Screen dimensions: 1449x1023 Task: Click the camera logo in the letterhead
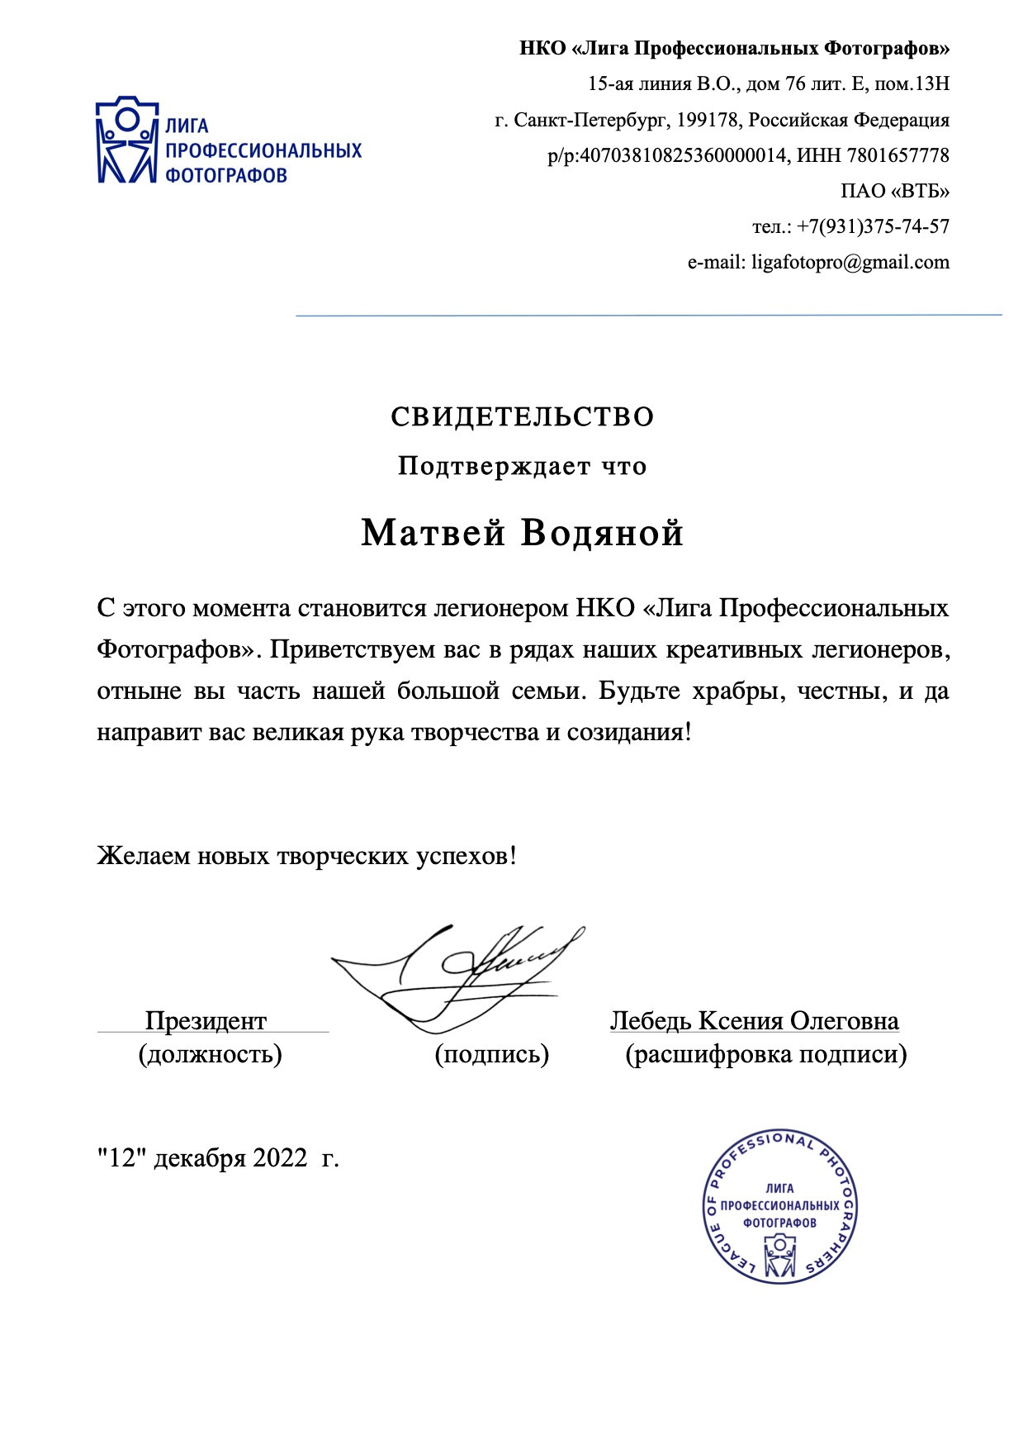click(126, 139)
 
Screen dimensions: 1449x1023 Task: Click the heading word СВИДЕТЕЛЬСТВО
click(523, 417)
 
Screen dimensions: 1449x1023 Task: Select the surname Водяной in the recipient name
click(602, 534)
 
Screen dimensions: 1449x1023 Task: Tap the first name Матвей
click(433, 534)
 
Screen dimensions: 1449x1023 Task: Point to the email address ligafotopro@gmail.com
click(850, 263)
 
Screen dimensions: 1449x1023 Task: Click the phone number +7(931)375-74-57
click(874, 226)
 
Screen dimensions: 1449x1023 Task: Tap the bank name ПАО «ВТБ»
click(895, 192)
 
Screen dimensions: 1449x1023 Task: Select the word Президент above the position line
click(206, 1021)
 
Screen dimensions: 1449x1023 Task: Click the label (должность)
click(210, 1055)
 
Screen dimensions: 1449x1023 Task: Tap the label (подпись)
click(492, 1055)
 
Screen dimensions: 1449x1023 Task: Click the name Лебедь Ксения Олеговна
click(754, 1021)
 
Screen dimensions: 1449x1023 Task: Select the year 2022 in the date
click(280, 1158)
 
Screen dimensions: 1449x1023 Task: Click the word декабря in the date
click(200, 1158)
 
